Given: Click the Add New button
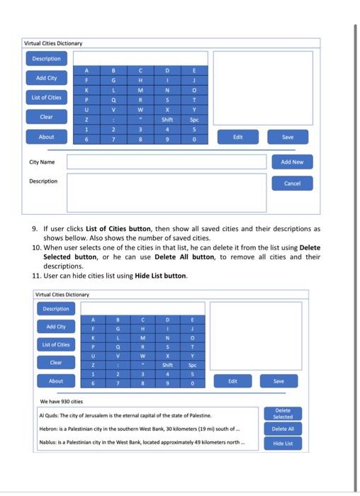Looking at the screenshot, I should click(292, 162).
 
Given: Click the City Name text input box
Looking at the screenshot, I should click(167, 162).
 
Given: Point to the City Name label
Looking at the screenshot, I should click(42, 162).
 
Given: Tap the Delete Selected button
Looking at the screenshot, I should click(282, 413).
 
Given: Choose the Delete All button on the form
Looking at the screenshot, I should click(282, 429).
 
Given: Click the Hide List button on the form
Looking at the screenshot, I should click(282, 443).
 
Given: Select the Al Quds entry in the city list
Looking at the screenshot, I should click(125, 415).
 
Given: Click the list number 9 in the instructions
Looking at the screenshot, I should click(36, 230).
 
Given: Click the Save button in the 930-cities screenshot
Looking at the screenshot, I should click(279, 381).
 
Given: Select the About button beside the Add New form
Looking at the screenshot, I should click(46, 137).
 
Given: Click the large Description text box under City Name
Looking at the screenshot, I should click(167, 193).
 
